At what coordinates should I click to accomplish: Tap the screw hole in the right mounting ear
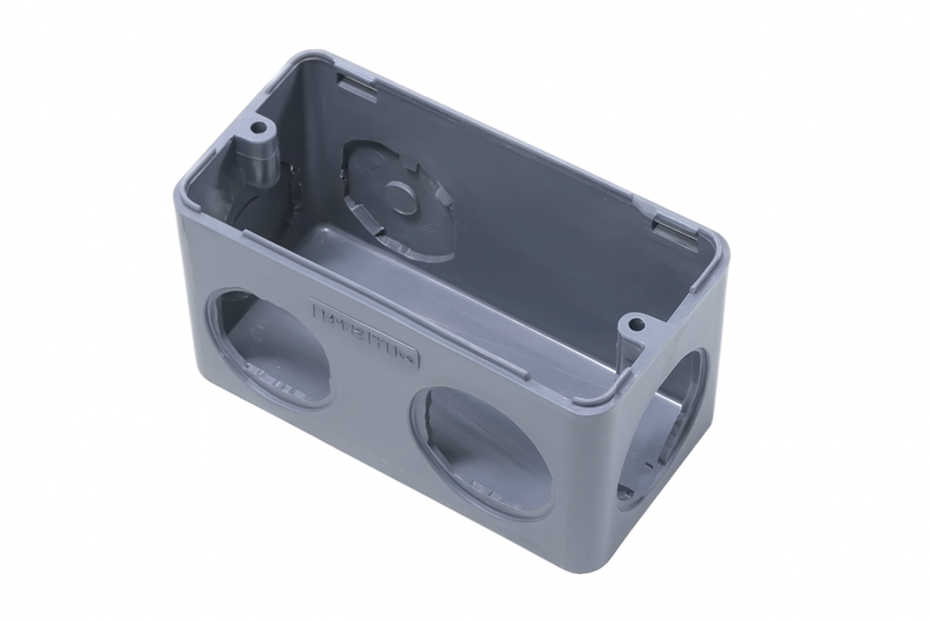(x=636, y=325)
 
